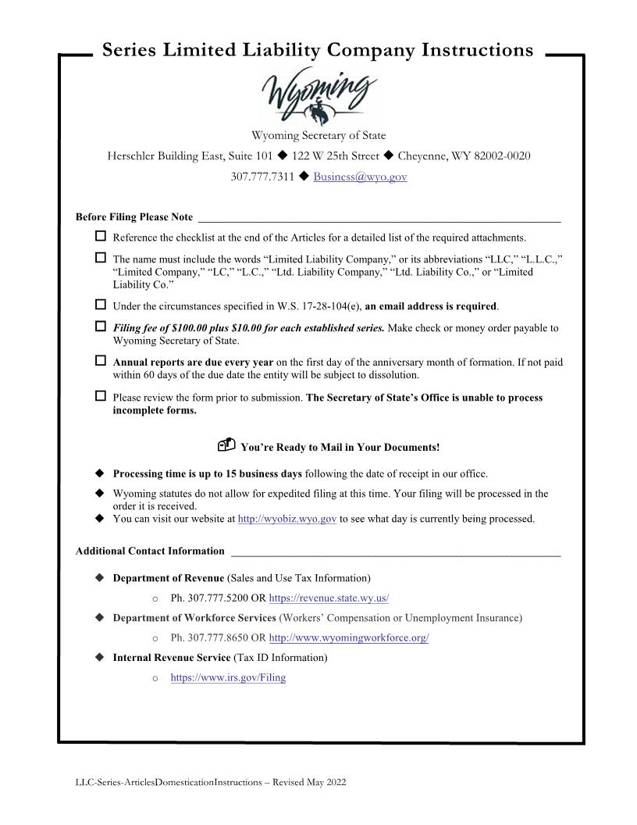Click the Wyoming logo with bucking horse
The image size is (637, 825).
coord(318,98)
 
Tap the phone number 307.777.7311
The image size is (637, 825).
coord(262,177)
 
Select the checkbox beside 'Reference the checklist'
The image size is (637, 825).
coord(100,236)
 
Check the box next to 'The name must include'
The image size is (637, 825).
coord(100,258)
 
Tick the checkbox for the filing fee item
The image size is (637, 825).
coord(100,327)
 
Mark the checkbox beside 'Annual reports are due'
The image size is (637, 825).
coord(100,361)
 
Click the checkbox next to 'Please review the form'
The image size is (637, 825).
coord(100,396)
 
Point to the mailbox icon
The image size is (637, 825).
coord(226,446)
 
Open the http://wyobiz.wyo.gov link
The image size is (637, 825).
coord(286,519)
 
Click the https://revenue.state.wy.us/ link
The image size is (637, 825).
coord(329,598)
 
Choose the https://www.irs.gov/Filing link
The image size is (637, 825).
coord(228,677)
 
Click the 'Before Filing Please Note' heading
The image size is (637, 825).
coord(134,216)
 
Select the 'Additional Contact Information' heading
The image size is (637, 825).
coord(150,551)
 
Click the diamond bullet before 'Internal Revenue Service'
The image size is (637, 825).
coord(99,657)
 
